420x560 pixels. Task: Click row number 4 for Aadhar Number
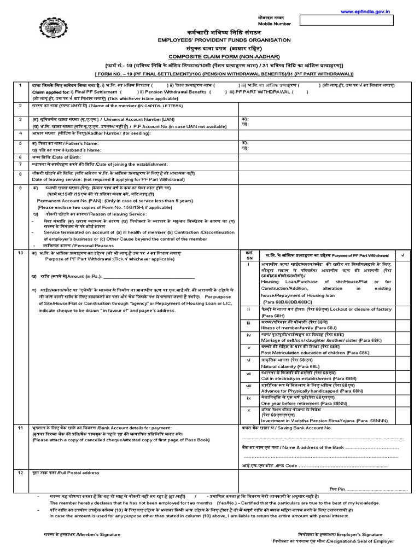click(20, 132)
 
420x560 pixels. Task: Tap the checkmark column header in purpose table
click(401, 256)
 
